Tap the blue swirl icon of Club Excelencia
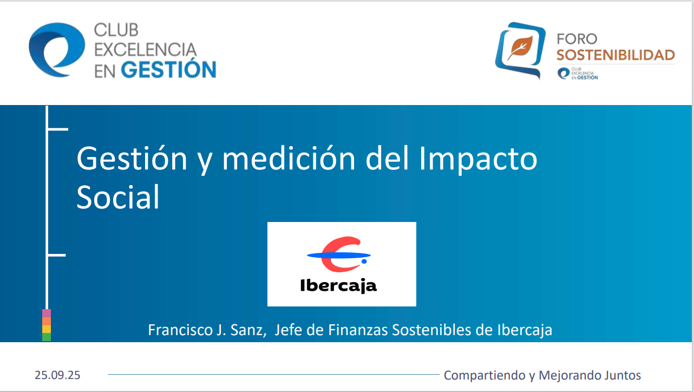tap(56, 49)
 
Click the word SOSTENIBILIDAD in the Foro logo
tap(616, 55)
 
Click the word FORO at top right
tap(577, 39)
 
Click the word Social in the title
tap(118, 197)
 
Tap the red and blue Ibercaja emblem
tap(339, 255)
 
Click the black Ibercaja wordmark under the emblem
tap(338, 285)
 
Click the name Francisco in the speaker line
tap(175, 330)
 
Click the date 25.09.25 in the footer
tap(57, 375)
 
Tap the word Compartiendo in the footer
tap(481, 375)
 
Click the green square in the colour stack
tap(47, 337)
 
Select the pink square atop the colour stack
tap(47, 313)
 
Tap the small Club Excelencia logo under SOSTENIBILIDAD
tap(578, 74)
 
